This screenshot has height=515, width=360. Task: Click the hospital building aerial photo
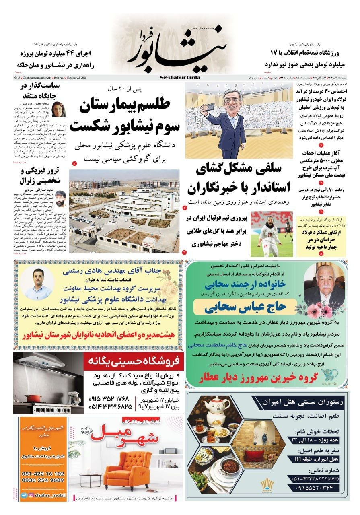pos(124,211)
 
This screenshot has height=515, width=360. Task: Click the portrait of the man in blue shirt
pos(38,282)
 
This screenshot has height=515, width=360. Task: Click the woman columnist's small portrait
pos(59,110)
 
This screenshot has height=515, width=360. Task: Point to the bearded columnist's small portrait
pos(60,198)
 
